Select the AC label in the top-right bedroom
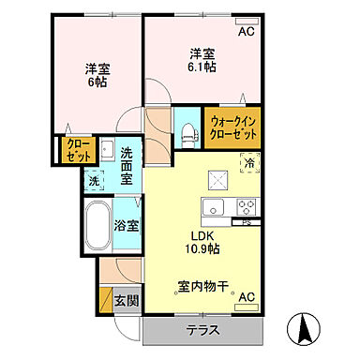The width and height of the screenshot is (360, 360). [246, 31]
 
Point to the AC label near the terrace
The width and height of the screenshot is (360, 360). [246, 297]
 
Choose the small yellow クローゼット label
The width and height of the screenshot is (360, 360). [74, 150]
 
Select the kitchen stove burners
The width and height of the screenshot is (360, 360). [247, 207]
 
